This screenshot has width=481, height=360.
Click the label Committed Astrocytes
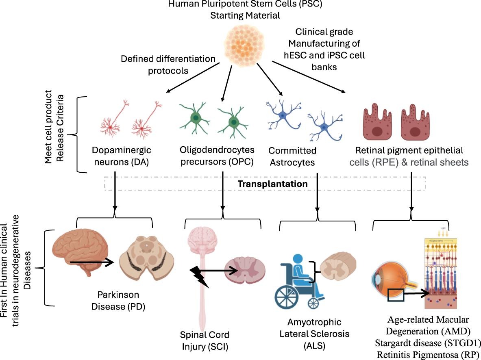(x=292, y=156)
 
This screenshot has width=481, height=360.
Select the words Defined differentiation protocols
(x=168, y=65)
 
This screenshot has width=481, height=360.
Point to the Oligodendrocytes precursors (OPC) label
(x=217, y=156)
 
